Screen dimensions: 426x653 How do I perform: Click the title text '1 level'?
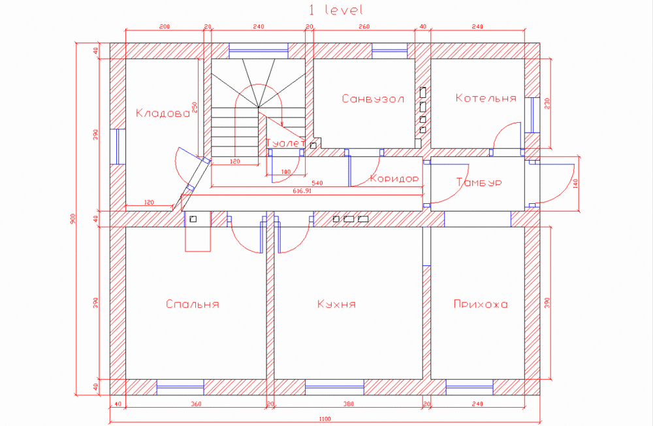(335, 10)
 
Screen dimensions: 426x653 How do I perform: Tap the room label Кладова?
(163, 113)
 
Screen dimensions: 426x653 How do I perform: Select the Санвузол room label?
(373, 99)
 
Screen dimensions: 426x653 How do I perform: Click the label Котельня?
(486, 99)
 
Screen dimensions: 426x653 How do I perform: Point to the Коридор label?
(394, 178)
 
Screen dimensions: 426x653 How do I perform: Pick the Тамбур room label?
(479, 182)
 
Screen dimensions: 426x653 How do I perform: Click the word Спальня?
(192, 304)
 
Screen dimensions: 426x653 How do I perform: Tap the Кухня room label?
(336, 304)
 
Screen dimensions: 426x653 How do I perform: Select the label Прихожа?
(481, 304)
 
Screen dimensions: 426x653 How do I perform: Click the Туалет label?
(286, 142)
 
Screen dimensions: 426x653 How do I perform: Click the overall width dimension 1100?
(325, 419)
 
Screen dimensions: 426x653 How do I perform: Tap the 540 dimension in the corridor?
(318, 183)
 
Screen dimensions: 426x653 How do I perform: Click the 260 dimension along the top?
(364, 27)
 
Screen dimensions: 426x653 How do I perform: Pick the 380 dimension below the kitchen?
(348, 404)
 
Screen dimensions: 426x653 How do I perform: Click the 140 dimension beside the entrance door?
(575, 184)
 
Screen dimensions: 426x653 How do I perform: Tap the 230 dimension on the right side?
(547, 103)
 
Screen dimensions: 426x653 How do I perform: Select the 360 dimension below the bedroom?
(196, 404)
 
